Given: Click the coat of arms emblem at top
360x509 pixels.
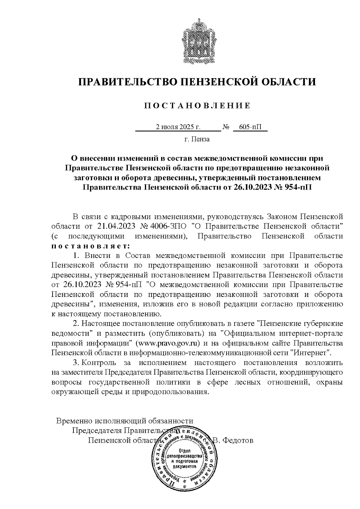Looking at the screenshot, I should click(197, 41).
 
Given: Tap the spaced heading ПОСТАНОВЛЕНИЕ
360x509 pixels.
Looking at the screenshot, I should click(197, 106).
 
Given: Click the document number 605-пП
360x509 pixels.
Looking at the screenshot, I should click(250, 127).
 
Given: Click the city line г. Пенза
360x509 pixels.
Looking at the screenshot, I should click(197, 139).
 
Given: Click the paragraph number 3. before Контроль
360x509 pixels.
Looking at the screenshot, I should click(76, 362).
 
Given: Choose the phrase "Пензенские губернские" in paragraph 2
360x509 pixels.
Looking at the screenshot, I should click(300, 324).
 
